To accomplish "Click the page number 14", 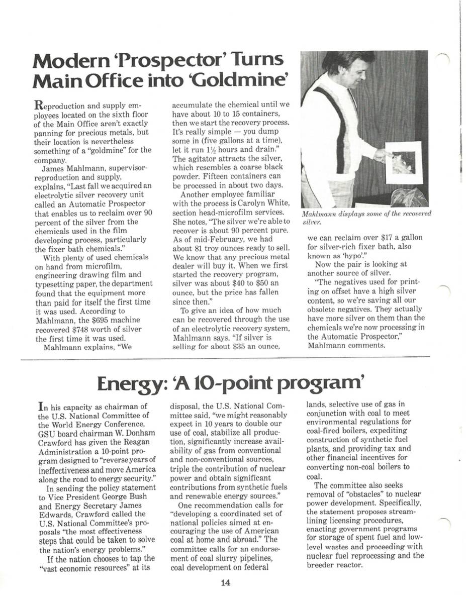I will [225, 583].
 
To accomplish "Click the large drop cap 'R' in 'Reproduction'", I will [38, 106].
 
